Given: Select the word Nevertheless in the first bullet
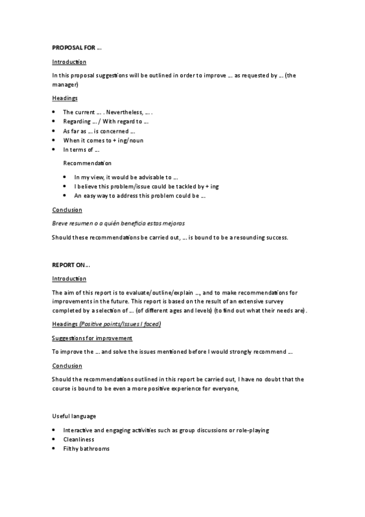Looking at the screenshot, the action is [125, 112].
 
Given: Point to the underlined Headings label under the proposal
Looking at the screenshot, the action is [65, 98].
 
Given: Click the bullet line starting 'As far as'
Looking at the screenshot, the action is [99, 130].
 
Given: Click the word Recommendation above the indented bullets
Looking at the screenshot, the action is [87, 163].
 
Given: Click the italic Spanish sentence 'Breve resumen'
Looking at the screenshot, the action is [118, 224].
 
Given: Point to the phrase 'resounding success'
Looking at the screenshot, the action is [262, 237].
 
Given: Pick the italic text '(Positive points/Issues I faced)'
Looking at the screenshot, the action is [120, 324].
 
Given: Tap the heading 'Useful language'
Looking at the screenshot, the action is [74, 416].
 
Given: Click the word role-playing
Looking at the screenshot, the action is [249, 430].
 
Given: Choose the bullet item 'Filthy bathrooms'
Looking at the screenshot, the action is [87, 448].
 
